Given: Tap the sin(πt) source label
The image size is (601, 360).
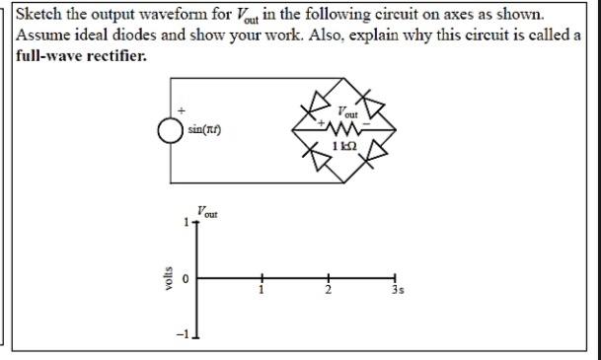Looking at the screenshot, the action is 203,130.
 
